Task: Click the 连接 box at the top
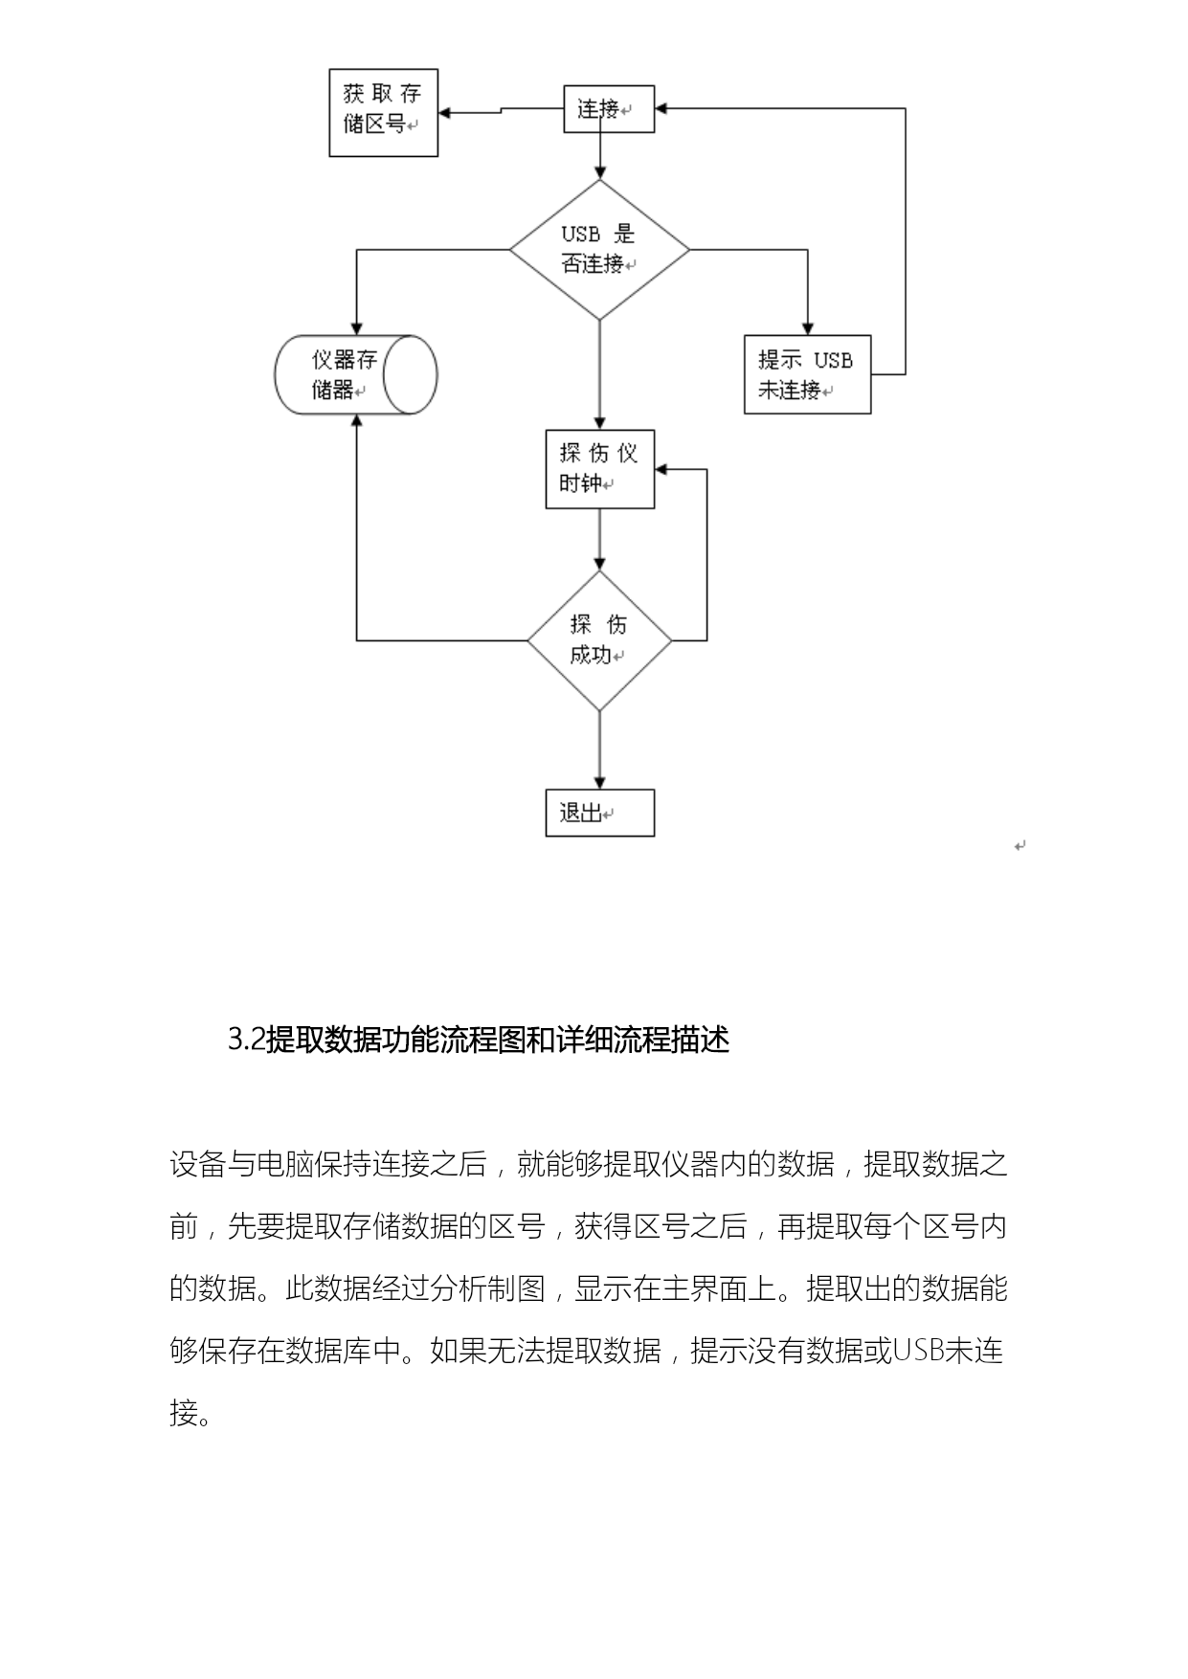point(609,109)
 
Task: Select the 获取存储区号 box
point(383,113)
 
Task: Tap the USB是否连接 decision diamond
point(599,250)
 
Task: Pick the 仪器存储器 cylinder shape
point(356,374)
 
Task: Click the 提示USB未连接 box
point(807,374)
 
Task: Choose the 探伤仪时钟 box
point(599,469)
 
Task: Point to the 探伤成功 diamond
point(599,640)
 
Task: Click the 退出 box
point(599,813)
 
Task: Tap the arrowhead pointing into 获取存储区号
point(445,113)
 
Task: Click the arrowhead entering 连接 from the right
point(661,109)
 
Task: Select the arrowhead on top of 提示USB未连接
point(807,328)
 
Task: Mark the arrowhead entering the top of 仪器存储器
point(356,328)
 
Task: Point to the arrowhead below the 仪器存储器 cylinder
point(356,421)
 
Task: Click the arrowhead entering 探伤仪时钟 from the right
point(661,469)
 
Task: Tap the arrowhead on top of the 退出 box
point(599,783)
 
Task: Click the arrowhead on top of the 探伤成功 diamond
point(599,564)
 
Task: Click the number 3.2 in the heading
point(246,1040)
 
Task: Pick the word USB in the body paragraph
point(918,1352)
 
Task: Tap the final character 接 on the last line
point(184,1413)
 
